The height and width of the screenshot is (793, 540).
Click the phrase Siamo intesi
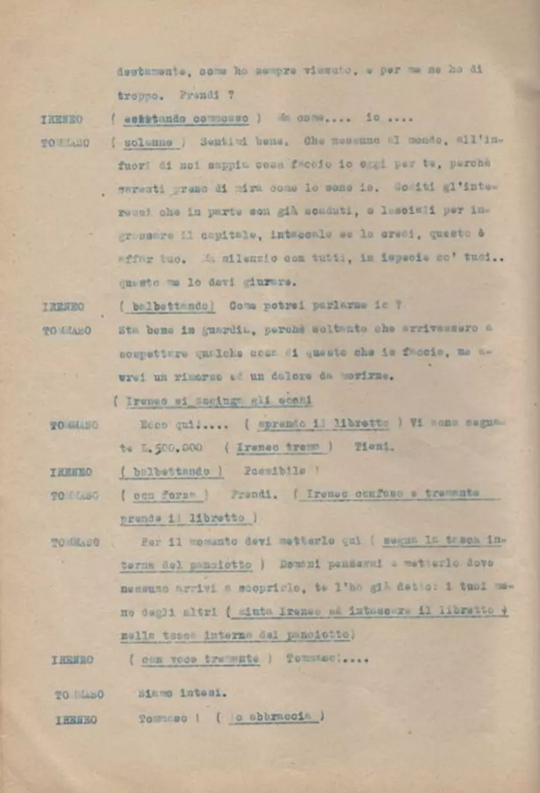click(x=182, y=693)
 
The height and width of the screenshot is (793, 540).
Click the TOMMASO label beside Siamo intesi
click(x=79, y=694)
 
